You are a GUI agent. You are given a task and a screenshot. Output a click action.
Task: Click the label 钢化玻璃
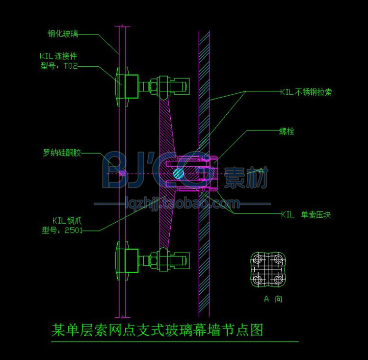coord(63,34)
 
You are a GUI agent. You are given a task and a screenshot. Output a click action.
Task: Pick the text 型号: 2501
coord(62,230)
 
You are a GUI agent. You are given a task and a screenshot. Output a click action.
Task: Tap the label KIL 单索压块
coord(306,215)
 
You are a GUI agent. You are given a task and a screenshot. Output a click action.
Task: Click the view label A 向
coord(273,299)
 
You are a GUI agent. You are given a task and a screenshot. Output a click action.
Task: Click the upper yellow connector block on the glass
coord(131,86)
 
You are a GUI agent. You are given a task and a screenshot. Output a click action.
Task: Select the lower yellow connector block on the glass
coord(131,260)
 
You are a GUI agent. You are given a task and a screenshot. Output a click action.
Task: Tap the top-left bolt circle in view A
coord(258,259)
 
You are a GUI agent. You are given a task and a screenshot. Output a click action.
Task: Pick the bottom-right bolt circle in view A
coord(278,280)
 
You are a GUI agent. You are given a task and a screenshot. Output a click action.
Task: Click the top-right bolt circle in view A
coord(278,259)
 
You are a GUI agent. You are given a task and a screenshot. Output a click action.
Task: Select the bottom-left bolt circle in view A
coord(258,280)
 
